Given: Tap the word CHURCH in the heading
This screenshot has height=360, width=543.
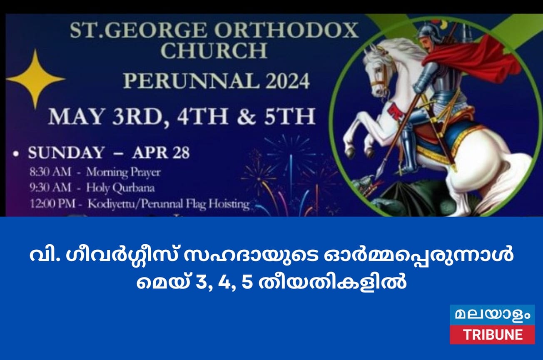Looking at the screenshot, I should pyautogui.click(x=214, y=50).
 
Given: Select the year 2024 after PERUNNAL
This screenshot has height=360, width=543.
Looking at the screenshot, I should pyautogui.click(x=283, y=81).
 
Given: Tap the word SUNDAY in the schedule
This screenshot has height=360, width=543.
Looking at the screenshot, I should pyautogui.click(x=65, y=153).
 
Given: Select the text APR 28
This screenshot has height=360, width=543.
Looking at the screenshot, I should pyautogui.click(x=161, y=153).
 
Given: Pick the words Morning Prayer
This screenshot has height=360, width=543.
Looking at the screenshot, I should pyautogui.click(x=123, y=172).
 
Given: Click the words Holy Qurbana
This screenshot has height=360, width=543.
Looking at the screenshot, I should pyautogui.click(x=120, y=188).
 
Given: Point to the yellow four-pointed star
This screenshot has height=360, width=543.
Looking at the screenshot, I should pyautogui.click(x=35, y=79).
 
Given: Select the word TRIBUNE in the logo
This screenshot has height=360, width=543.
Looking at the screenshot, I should pyautogui.click(x=492, y=335).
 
